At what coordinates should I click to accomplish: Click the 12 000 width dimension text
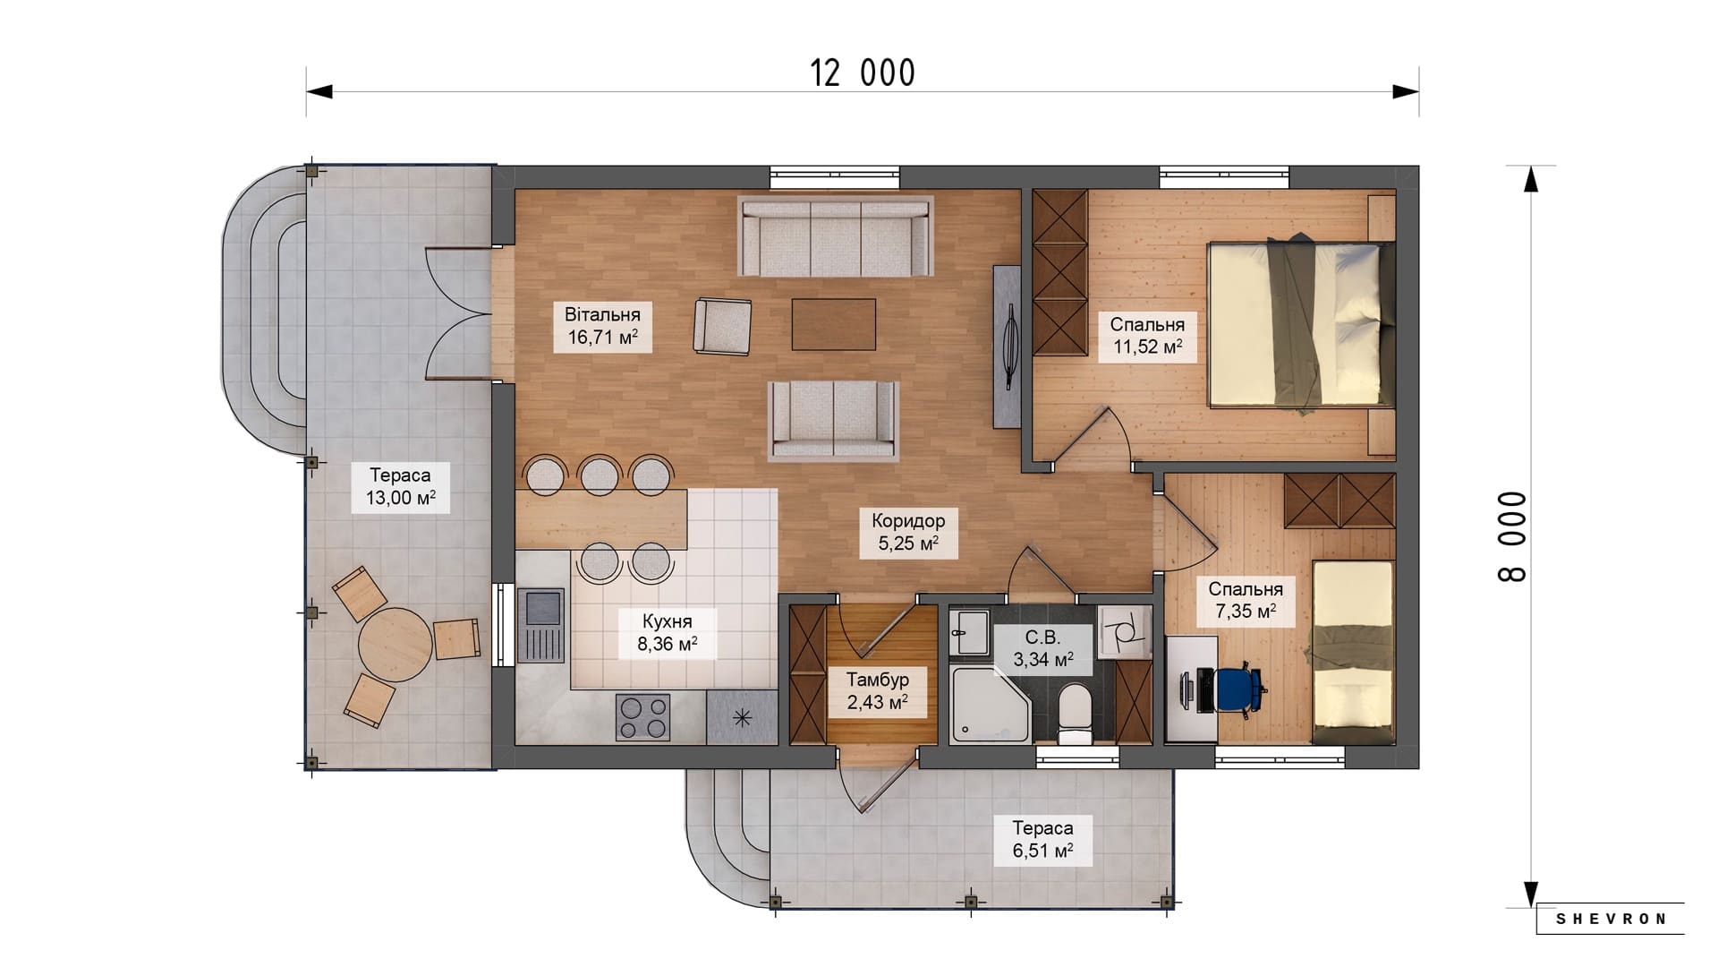pos(863,73)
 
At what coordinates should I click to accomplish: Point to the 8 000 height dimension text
pos(1512,537)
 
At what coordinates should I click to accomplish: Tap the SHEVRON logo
pos(1611,919)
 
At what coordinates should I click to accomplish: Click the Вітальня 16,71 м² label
pos(602,327)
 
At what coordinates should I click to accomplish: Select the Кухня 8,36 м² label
pos(668,633)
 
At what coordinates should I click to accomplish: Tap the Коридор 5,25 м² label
pos(908,533)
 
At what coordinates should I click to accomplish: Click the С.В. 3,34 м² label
pos(1042,649)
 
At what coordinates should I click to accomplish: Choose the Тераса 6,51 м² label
pos(1042,840)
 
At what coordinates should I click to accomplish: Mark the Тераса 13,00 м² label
pos(401,487)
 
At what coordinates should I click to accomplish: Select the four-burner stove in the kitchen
pos(642,717)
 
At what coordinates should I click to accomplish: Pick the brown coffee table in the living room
pos(833,324)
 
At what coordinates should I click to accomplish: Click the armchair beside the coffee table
pos(723,327)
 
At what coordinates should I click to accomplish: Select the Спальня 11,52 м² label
pos(1147,337)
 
